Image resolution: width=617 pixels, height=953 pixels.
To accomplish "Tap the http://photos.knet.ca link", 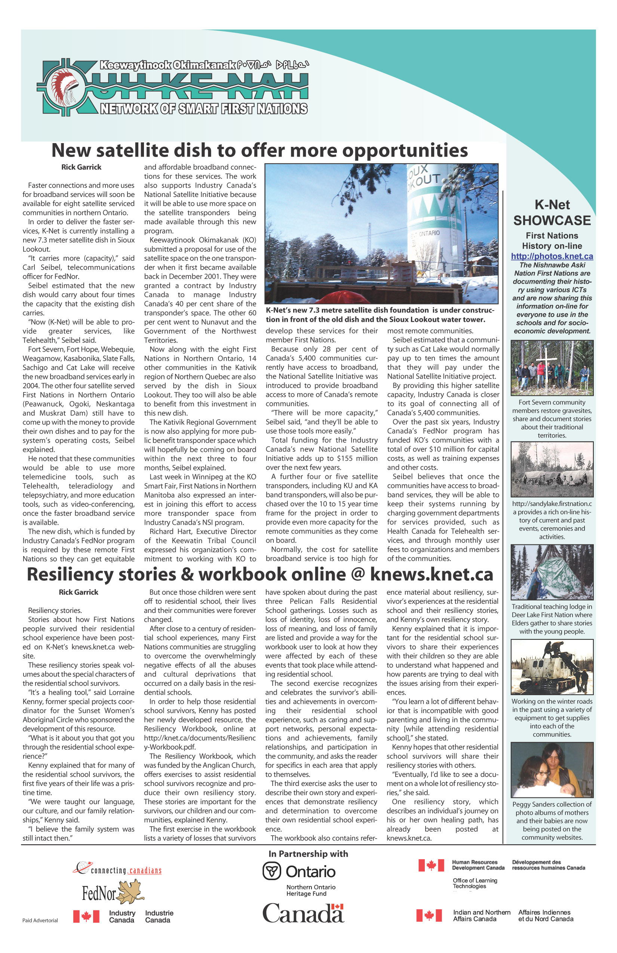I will pos(552,256).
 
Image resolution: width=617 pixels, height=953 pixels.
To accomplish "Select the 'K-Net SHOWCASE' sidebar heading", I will pos(552,213).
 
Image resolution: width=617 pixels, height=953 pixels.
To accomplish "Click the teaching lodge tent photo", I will pos(552,572).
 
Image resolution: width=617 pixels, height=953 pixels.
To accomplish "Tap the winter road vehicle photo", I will pos(552,667).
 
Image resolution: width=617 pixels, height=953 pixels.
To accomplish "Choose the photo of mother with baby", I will pos(552,770).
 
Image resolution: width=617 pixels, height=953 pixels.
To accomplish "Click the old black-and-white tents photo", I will pos(552,469).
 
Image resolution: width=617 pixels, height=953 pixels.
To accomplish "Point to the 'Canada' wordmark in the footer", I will pos(303,914).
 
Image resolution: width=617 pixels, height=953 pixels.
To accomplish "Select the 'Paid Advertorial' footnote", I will pos(40,920).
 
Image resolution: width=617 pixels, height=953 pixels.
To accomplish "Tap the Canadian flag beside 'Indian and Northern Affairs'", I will pos(429,915).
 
